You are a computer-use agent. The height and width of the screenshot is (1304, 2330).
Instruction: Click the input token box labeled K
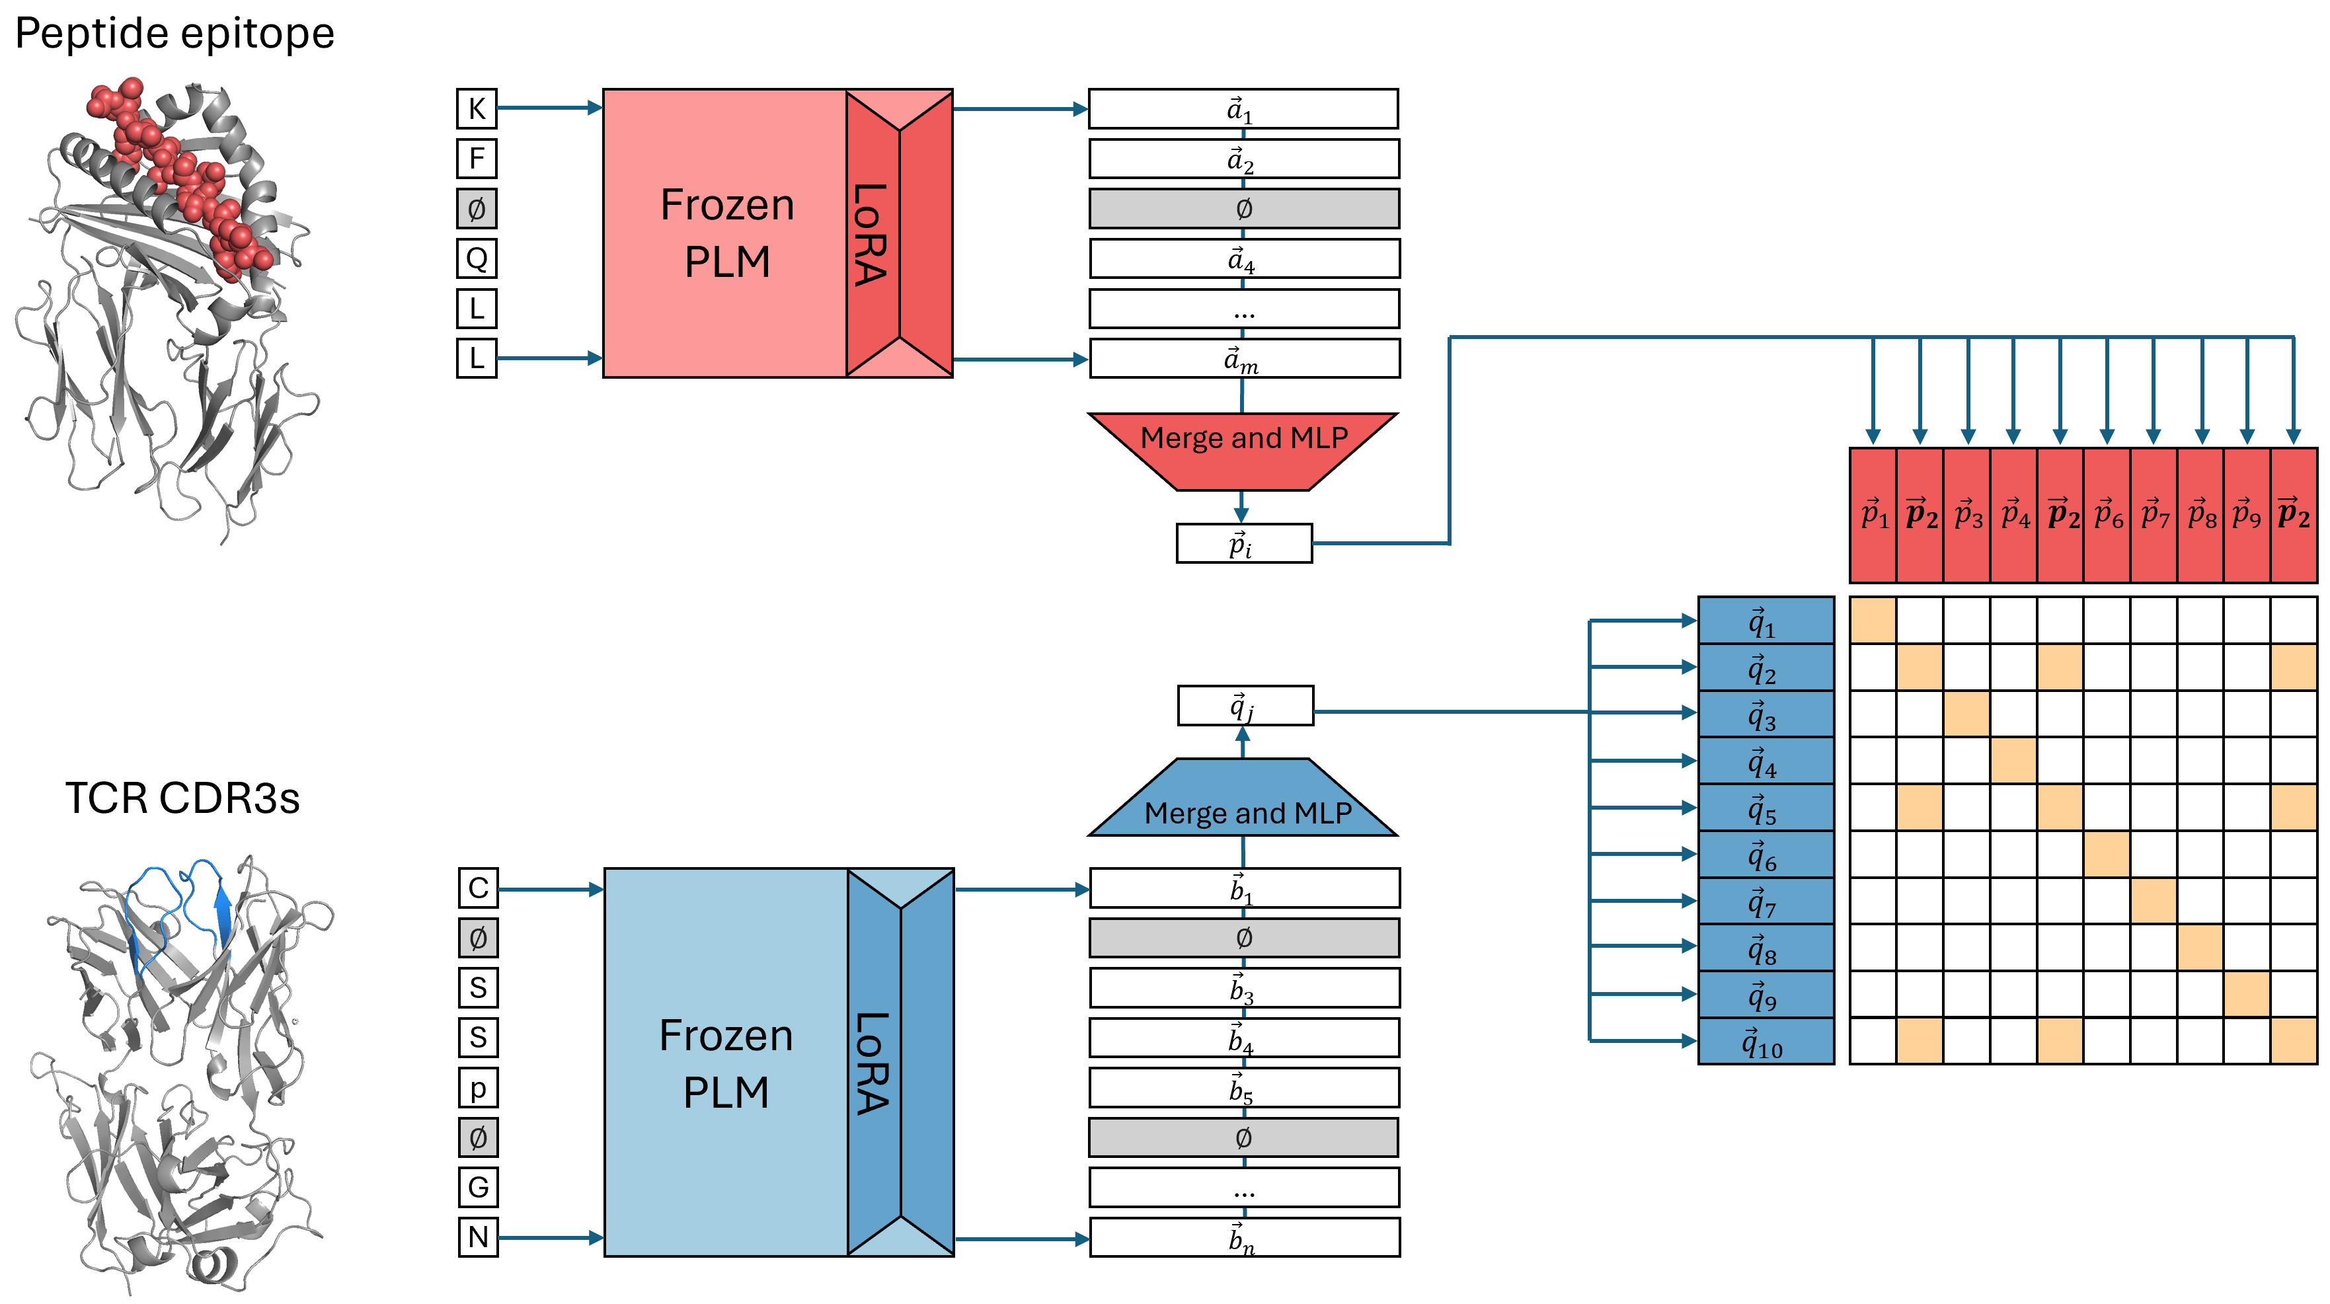(x=477, y=108)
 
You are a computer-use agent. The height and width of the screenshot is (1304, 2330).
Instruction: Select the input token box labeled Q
(x=477, y=258)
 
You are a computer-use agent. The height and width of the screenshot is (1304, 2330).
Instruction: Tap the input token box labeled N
(x=478, y=1237)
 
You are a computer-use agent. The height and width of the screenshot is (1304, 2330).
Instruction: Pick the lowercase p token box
(x=478, y=1088)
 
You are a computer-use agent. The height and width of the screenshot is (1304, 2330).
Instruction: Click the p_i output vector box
(x=1244, y=543)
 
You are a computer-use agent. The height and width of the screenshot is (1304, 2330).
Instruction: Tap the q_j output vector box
(x=1245, y=705)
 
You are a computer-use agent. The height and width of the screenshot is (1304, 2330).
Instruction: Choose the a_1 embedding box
(x=1243, y=110)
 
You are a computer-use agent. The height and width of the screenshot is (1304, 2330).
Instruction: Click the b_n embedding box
(x=1244, y=1237)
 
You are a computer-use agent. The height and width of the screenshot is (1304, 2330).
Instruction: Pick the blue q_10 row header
(x=1766, y=1042)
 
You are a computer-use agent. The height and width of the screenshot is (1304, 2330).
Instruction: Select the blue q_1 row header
(x=1766, y=621)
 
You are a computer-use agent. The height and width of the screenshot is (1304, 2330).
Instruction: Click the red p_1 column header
(x=1873, y=516)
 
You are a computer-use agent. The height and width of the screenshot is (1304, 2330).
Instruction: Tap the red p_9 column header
(x=2247, y=516)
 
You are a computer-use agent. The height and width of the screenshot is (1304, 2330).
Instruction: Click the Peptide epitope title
(x=175, y=34)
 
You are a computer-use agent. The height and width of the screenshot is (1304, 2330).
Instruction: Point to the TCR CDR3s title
(x=182, y=798)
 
